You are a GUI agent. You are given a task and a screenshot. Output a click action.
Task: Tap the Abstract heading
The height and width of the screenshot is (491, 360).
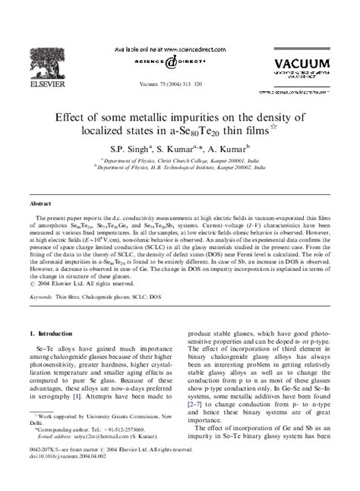(40, 204)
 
